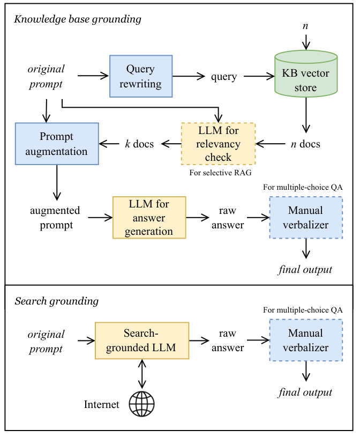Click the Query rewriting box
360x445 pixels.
click(x=140, y=76)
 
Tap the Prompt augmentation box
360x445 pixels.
click(x=57, y=143)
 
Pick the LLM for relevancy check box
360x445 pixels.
click(x=218, y=144)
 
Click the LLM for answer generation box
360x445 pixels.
click(x=149, y=217)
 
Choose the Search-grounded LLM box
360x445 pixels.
click(x=142, y=340)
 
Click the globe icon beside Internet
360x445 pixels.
click(x=141, y=404)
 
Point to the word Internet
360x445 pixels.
click(x=102, y=404)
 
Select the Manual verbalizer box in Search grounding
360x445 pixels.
click(x=305, y=340)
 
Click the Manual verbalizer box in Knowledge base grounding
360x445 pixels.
click(x=305, y=217)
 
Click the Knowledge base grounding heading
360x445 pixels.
click(x=77, y=19)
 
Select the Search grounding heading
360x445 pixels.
click(x=56, y=301)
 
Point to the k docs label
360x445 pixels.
click(x=139, y=144)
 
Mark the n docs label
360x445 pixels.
click(x=305, y=144)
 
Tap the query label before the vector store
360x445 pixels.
click(x=224, y=76)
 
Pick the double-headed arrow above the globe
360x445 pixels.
click(x=142, y=373)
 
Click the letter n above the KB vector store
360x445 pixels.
click(x=305, y=25)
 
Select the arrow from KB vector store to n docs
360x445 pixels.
click(x=305, y=117)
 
